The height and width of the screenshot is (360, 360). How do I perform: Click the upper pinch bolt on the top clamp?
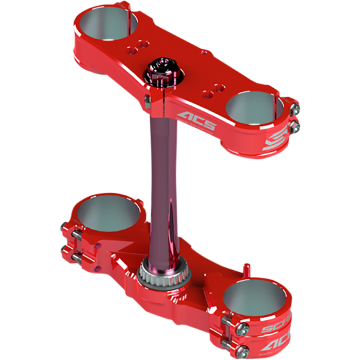tap(294, 106)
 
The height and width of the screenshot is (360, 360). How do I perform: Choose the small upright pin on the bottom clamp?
tap(246, 264)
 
